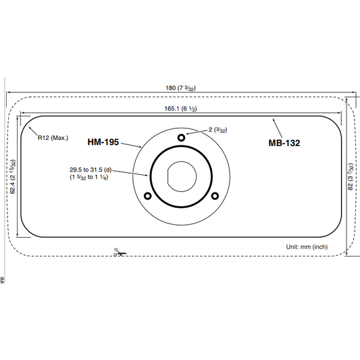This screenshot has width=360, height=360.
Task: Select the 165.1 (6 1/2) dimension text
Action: pos(180,109)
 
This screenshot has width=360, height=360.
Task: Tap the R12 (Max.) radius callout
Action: pos(53,138)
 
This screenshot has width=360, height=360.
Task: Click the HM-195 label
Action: pos(103,143)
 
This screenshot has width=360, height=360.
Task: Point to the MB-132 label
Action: pos(284,143)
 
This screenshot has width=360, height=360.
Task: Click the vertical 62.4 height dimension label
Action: pos(13,177)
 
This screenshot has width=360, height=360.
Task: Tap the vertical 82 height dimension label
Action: pos(350,177)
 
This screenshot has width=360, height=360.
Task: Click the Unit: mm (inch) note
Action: pos(307,247)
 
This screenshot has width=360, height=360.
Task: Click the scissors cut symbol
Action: pos(118,252)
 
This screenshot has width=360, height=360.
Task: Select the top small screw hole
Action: pos(181,138)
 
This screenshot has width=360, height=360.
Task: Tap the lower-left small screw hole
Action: pos(147,197)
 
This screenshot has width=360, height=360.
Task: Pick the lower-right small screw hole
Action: pos(215,197)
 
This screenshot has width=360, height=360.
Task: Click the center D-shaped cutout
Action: pos(181,177)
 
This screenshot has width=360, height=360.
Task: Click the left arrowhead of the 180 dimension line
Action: pos(9,93)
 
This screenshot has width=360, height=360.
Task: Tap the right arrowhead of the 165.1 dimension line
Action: pos(338,113)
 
